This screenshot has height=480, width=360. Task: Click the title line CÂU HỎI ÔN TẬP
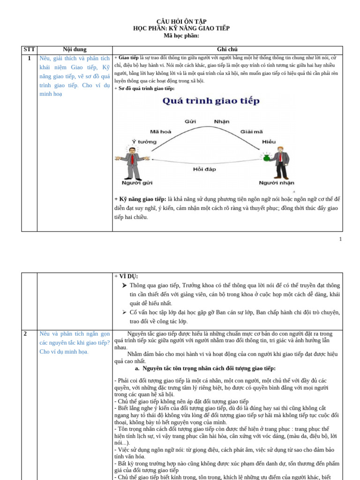tap(181, 22)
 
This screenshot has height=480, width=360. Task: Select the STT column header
tap(29, 49)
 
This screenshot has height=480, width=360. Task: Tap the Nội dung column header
tap(75, 49)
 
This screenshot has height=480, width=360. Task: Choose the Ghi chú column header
tap(227, 49)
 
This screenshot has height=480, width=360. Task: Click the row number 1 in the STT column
tap(29, 59)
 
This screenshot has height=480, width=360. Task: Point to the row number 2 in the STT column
tap(25, 334)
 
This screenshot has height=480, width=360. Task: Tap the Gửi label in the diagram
tap(190, 121)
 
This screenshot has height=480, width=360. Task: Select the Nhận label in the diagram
tap(222, 121)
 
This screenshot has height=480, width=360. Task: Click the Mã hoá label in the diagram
tap(160, 132)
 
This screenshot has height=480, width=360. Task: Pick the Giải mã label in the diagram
tap(252, 132)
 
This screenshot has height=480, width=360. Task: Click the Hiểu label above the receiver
tap(269, 141)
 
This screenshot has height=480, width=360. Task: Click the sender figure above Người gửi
tap(132, 163)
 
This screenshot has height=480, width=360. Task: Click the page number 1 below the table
tap(340, 239)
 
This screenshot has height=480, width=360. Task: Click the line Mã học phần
tap(181, 36)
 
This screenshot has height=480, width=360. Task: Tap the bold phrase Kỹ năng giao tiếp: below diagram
tap(141, 199)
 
